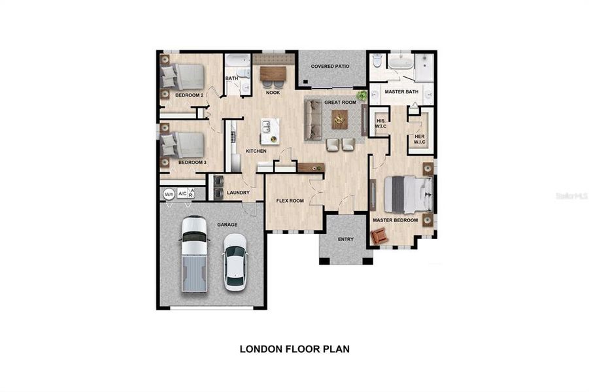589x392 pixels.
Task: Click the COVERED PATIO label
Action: pos(330,66)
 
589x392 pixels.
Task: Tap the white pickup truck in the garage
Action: pos(194,253)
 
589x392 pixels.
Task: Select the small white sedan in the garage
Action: pos(235,261)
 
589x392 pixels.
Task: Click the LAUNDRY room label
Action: pos(238,193)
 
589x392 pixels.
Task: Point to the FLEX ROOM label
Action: pos(290,201)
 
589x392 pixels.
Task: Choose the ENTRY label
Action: pos(345,239)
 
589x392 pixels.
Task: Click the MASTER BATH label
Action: pos(401,91)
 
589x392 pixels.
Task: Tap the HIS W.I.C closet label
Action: pos(380,123)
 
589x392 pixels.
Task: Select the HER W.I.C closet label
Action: pos(420,139)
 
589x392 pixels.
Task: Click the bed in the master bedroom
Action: pos(407,194)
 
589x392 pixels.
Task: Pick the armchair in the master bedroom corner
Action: pos(379,235)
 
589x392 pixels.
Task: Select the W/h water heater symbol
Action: pos(169,193)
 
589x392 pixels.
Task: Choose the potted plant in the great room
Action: pos(362,95)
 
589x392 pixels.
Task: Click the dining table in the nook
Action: pos(273,73)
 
